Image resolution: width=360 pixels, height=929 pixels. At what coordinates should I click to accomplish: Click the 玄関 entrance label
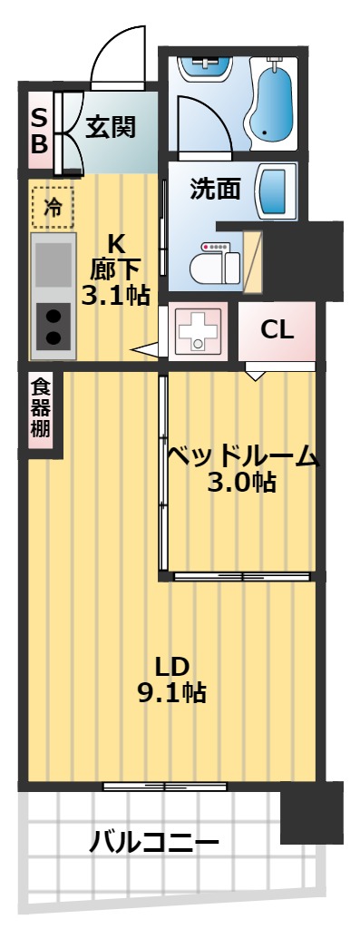[111, 127]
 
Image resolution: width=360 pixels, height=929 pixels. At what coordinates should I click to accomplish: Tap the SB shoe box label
[39, 132]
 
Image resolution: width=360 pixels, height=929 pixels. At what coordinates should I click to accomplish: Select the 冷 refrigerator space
[54, 207]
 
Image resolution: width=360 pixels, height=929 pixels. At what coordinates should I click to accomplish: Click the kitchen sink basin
[54, 266]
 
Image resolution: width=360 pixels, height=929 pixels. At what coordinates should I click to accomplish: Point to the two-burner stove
[54, 326]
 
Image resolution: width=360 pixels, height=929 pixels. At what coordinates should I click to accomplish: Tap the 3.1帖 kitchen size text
[115, 295]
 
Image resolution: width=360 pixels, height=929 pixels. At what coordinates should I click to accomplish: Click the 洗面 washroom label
[215, 188]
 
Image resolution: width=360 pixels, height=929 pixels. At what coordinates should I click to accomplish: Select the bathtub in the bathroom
[271, 102]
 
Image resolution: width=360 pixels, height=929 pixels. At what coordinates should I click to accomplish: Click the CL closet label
[277, 330]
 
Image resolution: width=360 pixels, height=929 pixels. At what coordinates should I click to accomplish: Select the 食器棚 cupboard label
[40, 408]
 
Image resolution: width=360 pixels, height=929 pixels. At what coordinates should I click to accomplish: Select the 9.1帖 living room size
[170, 693]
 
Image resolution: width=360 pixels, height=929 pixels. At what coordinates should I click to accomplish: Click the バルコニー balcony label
[154, 842]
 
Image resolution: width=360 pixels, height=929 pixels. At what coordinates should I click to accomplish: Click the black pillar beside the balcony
[311, 812]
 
